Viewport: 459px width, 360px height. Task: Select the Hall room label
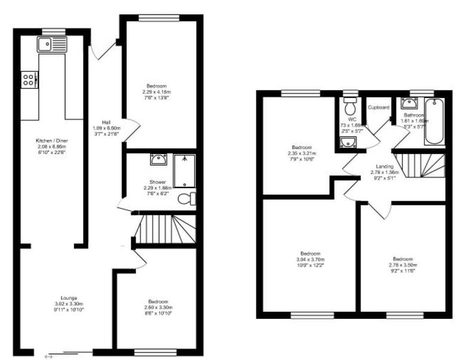pos(106,123)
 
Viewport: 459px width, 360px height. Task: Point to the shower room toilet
pos(189,197)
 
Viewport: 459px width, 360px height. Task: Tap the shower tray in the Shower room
pos(184,170)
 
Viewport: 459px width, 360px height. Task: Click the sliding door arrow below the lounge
pos(49,356)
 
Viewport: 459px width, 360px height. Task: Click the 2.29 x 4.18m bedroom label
pos(156,91)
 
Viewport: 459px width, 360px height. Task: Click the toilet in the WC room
pos(350,109)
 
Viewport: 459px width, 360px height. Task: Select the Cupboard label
pos(378,107)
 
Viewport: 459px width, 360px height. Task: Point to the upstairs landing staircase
pos(422,164)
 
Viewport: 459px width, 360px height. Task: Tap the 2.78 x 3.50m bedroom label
pos(402,264)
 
